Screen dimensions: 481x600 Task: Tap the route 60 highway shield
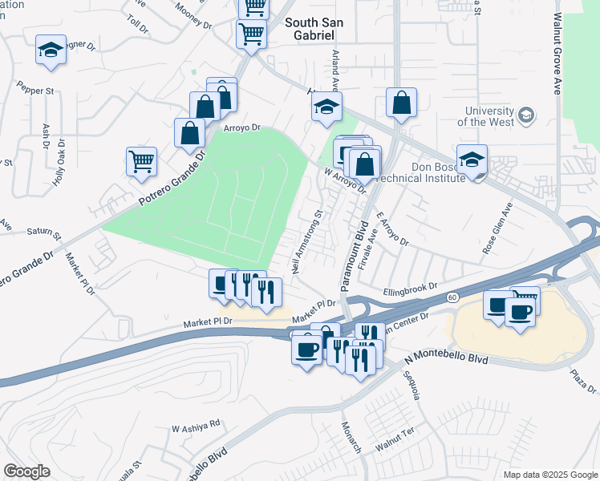click(452, 297)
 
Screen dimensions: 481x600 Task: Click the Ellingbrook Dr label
click(410, 285)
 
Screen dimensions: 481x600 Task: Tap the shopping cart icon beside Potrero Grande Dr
click(142, 160)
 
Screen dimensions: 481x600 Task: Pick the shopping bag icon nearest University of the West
click(400, 103)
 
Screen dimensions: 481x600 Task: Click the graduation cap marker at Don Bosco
click(472, 158)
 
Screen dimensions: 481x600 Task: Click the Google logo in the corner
click(27, 471)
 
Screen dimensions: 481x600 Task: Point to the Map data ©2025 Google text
click(549, 475)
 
